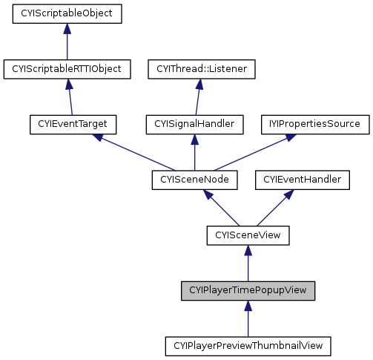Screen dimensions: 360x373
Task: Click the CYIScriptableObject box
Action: click(67, 13)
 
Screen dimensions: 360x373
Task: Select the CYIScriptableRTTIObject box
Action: click(67, 69)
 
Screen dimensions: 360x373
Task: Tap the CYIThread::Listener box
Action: click(202, 69)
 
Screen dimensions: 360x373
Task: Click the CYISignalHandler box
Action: click(195, 124)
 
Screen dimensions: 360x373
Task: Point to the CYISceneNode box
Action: click(195, 180)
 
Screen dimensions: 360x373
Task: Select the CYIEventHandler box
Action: click(303, 180)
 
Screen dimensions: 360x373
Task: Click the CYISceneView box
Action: click(248, 235)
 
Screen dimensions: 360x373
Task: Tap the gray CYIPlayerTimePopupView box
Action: click(248, 290)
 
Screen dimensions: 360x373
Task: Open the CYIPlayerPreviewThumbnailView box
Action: click(248, 346)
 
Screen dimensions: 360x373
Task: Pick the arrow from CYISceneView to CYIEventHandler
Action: click(275, 208)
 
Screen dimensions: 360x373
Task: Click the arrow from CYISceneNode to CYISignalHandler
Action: click(195, 152)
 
